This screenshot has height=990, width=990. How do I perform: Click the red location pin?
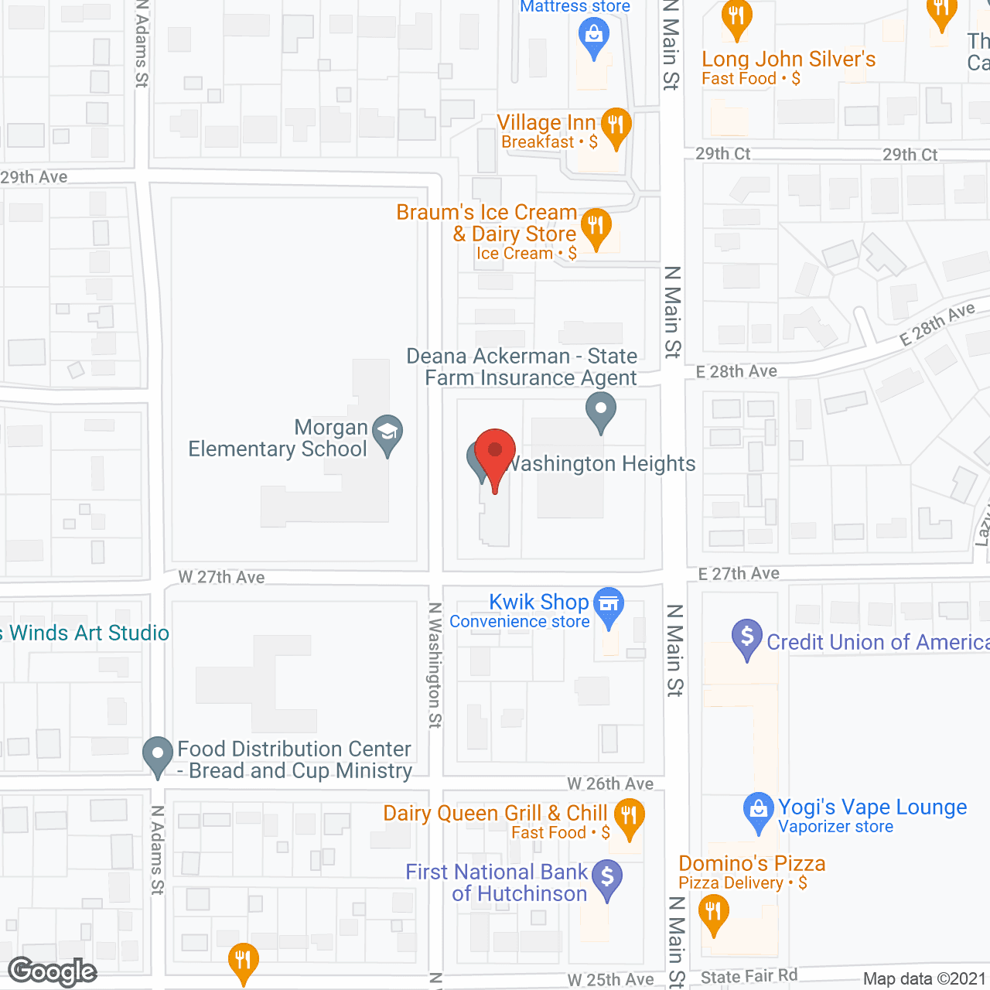[494, 452]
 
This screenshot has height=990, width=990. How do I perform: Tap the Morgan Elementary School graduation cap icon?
[387, 433]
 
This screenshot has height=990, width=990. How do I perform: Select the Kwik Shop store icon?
[609, 604]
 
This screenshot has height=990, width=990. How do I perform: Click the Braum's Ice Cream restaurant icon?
[596, 226]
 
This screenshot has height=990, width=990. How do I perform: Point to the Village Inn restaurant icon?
[616, 124]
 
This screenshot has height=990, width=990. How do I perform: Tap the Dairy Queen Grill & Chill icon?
[629, 816]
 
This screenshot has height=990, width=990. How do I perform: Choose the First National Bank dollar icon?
[607, 877]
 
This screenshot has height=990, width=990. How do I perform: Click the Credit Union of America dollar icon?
[747, 637]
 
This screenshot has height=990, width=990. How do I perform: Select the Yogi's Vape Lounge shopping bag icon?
[758, 810]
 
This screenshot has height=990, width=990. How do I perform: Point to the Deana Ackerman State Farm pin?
[600, 409]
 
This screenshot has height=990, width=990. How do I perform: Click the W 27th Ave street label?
[221, 577]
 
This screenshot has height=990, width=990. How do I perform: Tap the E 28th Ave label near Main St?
[736, 372]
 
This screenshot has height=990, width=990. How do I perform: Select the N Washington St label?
[435, 665]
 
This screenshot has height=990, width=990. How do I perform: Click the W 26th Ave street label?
[610, 784]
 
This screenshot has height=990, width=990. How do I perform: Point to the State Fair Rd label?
[749, 976]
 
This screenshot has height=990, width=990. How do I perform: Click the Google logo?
[53, 971]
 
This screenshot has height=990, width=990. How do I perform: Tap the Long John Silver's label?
[788, 60]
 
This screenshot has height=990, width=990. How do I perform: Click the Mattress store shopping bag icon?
[594, 35]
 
